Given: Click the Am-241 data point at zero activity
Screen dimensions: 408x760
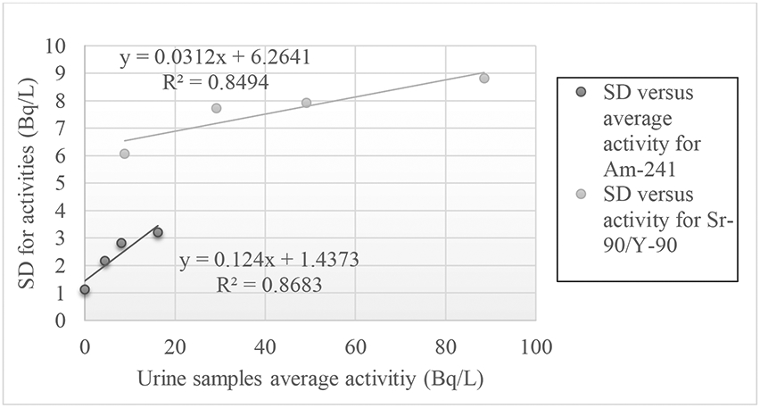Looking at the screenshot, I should [x=85, y=289].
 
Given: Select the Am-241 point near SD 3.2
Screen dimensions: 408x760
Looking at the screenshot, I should [x=158, y=232].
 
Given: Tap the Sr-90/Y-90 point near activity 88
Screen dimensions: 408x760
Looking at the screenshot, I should [x=484, y=79].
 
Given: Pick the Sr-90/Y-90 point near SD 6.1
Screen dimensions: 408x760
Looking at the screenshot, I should [x=125, y=154].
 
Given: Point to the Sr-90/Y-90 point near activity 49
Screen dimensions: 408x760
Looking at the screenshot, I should [x=307, y=103].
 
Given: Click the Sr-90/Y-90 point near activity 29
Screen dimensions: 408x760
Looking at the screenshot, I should [x=216, y=108].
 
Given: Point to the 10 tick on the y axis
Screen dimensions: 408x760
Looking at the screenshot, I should [x=60, y=45].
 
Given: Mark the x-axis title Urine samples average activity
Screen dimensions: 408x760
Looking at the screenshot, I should [x=310, y=379].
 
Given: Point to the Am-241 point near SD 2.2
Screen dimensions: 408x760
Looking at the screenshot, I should [x=104, y=261].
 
